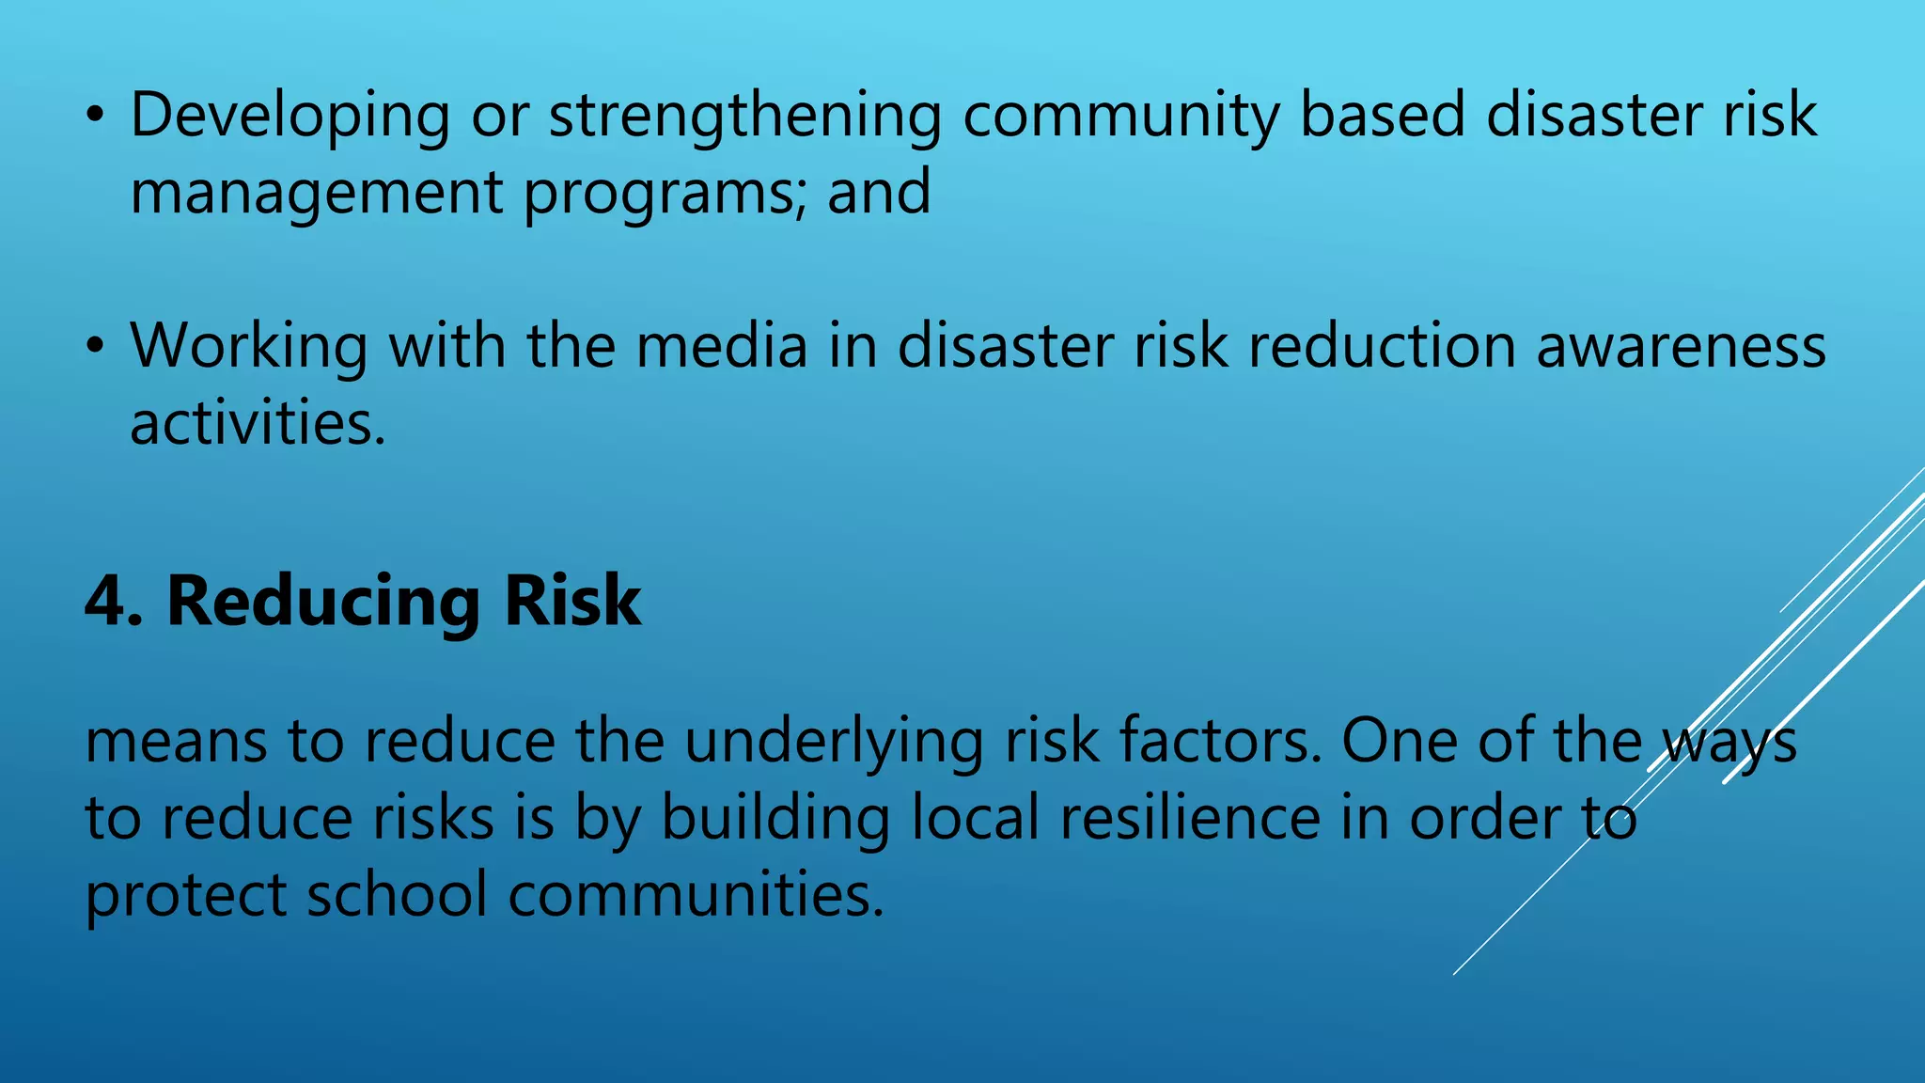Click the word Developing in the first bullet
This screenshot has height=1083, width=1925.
(x=290, y=117)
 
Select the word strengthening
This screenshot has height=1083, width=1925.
(x=744, y=117)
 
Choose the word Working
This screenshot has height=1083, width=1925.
(x=249, y=346)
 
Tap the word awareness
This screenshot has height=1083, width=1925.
(x=1682, y=346)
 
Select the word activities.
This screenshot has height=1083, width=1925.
(x=258, y=423)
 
